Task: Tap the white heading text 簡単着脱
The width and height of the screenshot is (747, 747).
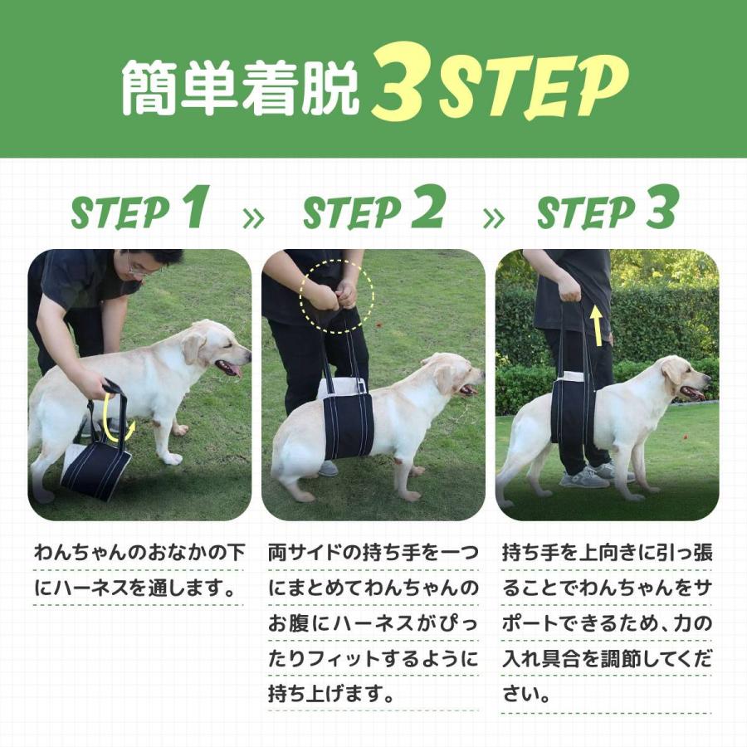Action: tap(241, 86)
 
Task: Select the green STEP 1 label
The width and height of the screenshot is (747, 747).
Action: tap(139, 211)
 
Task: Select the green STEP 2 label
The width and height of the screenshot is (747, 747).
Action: tap(373, 211)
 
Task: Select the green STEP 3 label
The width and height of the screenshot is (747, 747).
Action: tap(608, 211)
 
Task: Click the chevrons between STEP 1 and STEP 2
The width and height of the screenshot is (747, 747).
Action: tap(253, 218)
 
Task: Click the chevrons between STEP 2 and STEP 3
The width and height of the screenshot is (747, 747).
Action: tap(494, 218)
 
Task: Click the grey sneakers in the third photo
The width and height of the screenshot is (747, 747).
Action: tap(589, 476)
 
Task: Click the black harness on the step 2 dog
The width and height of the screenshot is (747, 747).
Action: tap(347, 423)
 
